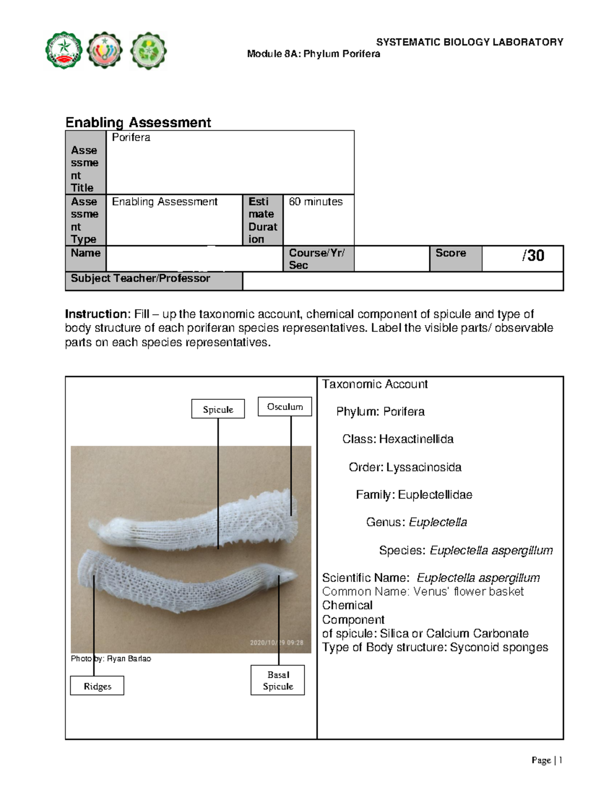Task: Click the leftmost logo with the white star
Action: point(63,50)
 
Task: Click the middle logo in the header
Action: point(105,50)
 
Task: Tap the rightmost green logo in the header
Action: point(148,50)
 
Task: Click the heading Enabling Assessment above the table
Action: point(138,122)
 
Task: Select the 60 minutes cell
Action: point(316,202)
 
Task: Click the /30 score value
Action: point(533,255)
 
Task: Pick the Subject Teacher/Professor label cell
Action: point(141,278)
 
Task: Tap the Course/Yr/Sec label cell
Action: point(317,259)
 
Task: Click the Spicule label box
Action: point(218,410)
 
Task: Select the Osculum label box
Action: point(285,407)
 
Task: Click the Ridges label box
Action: point(97,686)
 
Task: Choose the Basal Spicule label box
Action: point(278,681)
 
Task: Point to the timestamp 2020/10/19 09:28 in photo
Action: point(276,642)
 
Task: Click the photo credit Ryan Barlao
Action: point(111,659)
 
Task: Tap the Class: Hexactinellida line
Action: point(398,439)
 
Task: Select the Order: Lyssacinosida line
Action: point(405,467)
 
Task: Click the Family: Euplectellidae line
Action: point(414,495)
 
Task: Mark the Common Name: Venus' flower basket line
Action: point(423,592)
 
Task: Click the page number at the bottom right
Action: point(546,761)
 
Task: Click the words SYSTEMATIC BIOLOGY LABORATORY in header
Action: point(469,42)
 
